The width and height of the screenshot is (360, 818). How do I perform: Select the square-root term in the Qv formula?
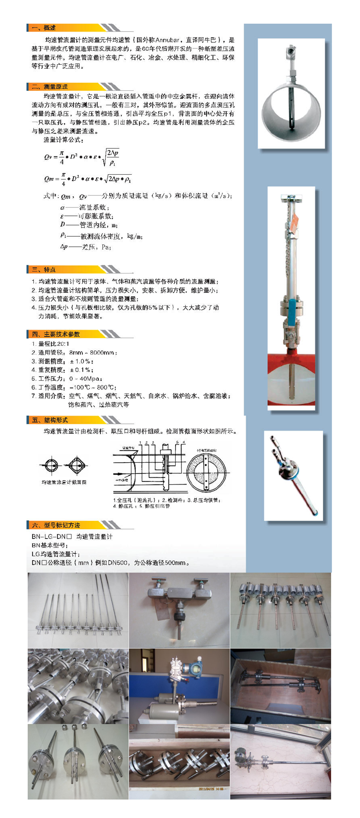coord(110,157)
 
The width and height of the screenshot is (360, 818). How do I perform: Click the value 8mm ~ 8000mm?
coord(93,353)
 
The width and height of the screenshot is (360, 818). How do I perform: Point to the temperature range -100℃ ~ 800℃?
coord(93,387)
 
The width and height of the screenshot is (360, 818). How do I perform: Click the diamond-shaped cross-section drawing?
coord(76,465)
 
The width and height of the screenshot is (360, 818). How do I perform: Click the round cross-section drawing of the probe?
coord(50,465)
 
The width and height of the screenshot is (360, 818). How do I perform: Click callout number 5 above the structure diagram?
coord(176,442)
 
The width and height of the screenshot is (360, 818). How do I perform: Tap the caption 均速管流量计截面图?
coord(64,482)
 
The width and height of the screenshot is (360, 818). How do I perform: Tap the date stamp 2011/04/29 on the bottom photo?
coord(211,789)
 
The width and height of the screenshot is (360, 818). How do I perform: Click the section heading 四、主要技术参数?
coord(56,334)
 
